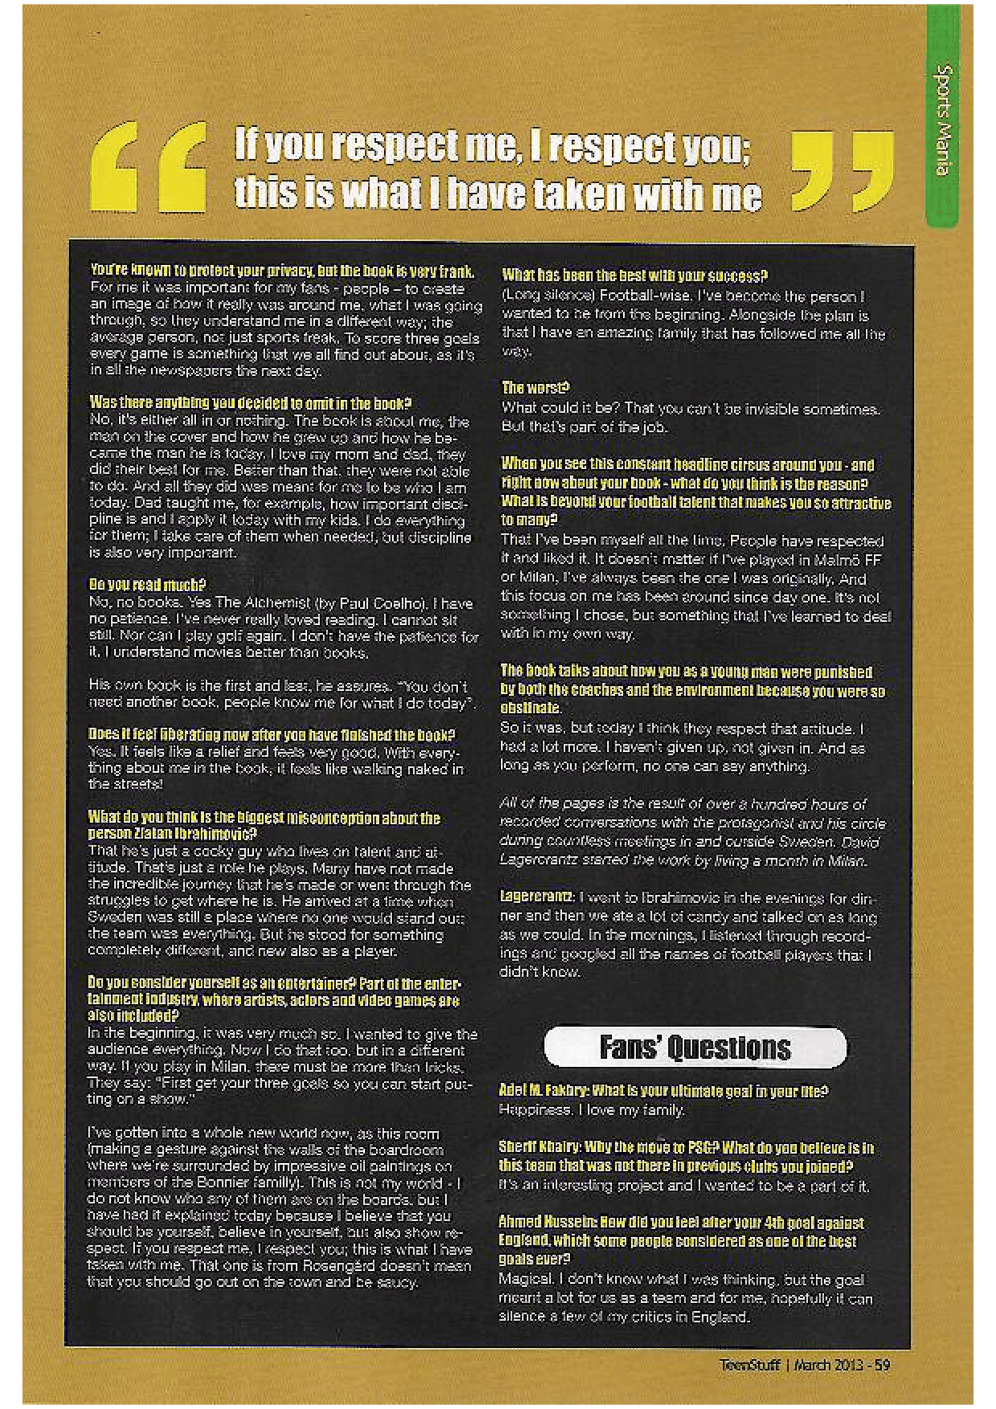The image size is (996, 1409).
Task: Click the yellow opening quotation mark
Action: pyautogui.click(x=148, y=166)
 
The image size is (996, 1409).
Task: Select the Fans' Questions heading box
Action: pyautogui.click(x=695, y=1047)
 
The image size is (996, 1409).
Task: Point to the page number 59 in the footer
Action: pyautogui.click(x=882, y=1365)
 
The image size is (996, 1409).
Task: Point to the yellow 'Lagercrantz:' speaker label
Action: pyautogui.click(x=537, y=897)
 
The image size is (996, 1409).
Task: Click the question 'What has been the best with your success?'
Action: pyautogui.click(x=635, y=275)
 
